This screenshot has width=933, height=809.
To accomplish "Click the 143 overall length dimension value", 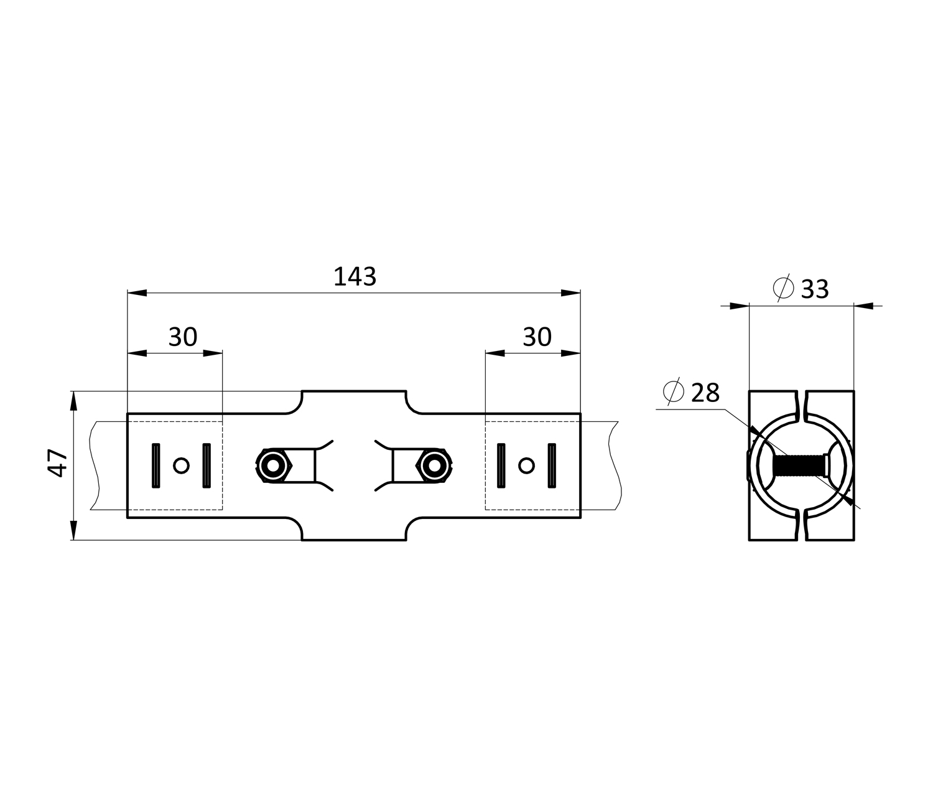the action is (355, 276).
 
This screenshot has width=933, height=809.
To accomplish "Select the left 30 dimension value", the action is (183, 337).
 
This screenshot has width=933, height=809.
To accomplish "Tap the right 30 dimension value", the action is (537, 337).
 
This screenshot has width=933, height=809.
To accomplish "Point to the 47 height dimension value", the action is (57, 463).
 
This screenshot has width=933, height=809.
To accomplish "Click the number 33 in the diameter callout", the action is (815, 289).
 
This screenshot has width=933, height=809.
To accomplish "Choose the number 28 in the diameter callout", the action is (705, 393).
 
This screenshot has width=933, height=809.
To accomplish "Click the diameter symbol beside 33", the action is (783, 288).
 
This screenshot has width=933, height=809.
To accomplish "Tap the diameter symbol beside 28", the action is (674, 391).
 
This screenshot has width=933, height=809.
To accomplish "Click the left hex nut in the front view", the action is (274, 465).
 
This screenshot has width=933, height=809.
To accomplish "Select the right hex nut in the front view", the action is (434, 465).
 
